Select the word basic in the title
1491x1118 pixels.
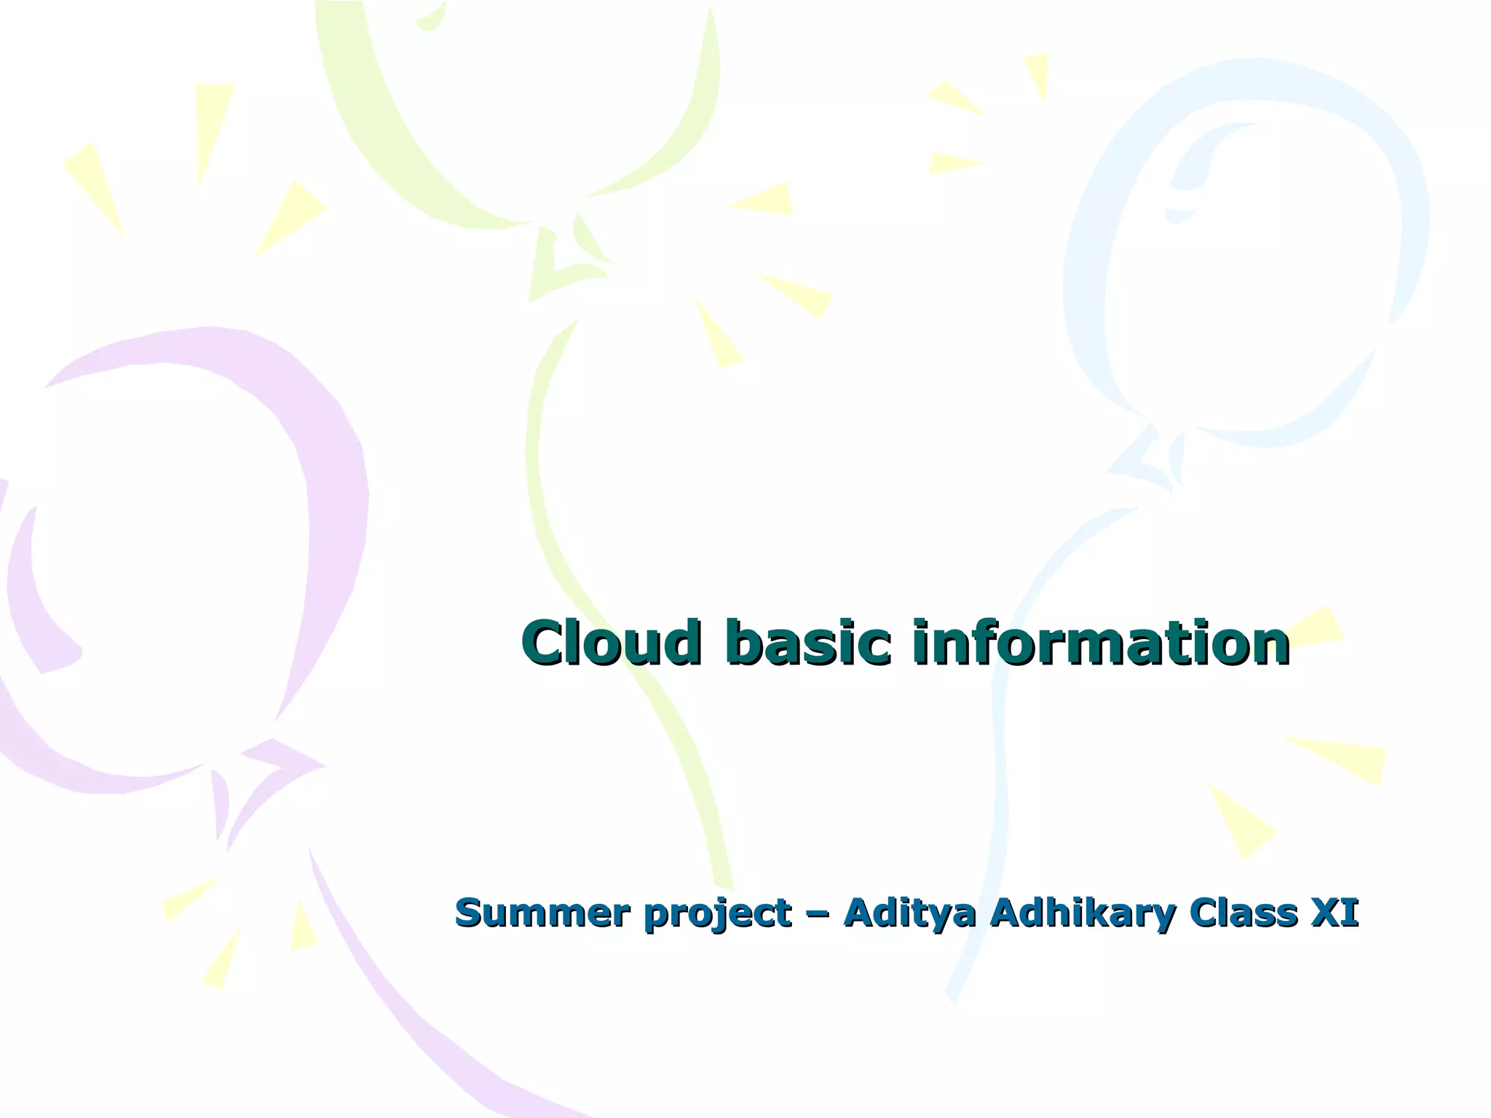click(x=807, y=643)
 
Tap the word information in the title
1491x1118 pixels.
click(x=1101, y=643)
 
